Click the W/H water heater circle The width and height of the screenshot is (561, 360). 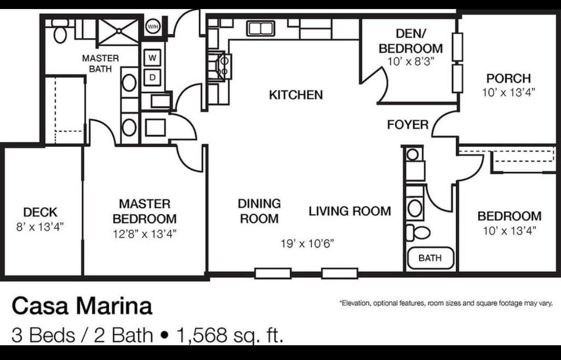(x=153, y=27)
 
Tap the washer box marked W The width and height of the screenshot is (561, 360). (x=152, y=58)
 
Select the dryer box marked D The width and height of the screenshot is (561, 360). (x=152, y=77)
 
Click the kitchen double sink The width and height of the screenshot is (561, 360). (x=260, y=28)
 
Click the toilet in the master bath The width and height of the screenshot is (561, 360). (x=59, y=31)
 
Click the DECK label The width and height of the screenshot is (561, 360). (x=40, y=212)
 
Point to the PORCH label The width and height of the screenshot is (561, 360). (x=508, y=78)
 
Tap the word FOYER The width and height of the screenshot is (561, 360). (x=408, y=125)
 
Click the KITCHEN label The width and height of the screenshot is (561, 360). (x=296, y=95)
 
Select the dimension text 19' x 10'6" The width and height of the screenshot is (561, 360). (x=307, y=244)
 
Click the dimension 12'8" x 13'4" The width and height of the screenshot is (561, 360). (x=145, y=234)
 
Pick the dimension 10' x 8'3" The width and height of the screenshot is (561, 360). (x=411, y=61)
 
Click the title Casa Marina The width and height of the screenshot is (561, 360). (x=82, y=307)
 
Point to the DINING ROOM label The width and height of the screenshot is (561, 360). (x=259, y=211)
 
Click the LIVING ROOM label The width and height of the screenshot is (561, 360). (x=350, y=211)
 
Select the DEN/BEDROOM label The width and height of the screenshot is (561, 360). (x=411, y=41)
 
